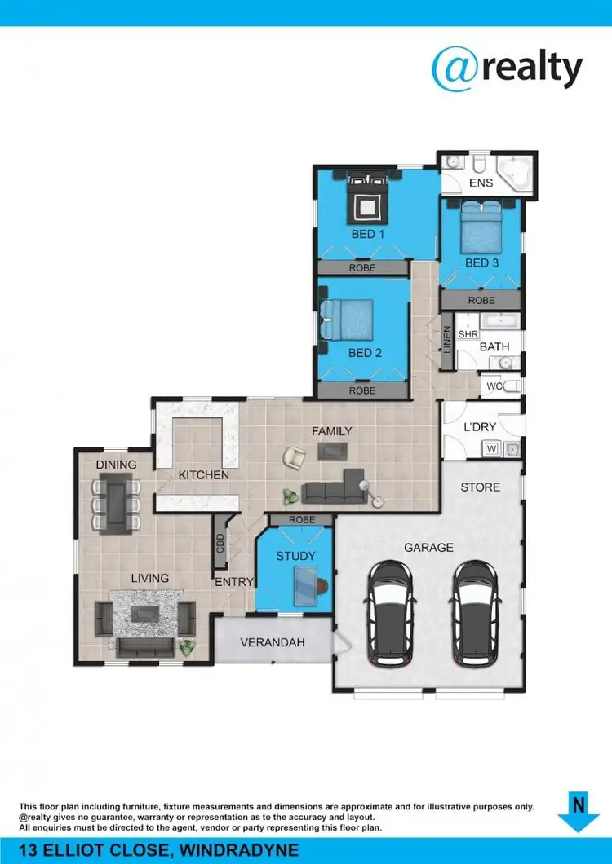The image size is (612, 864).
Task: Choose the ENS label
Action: click(x=481, y=183)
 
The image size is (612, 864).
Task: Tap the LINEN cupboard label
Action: click(x=447, y=341)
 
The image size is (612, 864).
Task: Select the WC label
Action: click(x=493, y=386)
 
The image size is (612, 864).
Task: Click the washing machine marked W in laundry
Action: click(x=492, y=447)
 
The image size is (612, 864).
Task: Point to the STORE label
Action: click(x=481, y=487)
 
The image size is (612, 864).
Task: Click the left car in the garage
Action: click(x=392, y=611)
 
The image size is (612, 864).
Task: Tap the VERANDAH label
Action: click(x=273, y=642)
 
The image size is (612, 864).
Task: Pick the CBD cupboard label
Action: click(x=220, y=544)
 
